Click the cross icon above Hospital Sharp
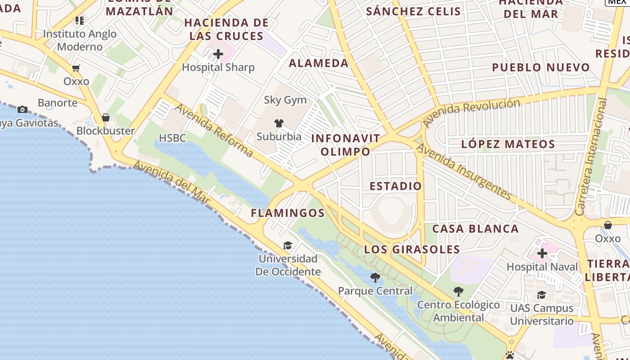coord(218,54)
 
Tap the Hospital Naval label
coord(542,267)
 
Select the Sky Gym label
coord(285,100)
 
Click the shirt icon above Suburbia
coord(279,123)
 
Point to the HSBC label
coord(172,138)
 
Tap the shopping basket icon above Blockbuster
coord(106,118)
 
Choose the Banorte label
coord(58,103)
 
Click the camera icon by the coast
coord(22,109)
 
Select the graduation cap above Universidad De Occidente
coord(288,245)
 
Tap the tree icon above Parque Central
coord(375,278)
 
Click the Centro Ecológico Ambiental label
coord(459,311)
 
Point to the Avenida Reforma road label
coord(214,130)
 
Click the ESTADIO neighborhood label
coord(396,186)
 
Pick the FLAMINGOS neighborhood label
coord(288,213)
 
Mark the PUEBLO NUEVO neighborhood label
coord(540,67)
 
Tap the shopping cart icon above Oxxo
coord(76,68)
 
